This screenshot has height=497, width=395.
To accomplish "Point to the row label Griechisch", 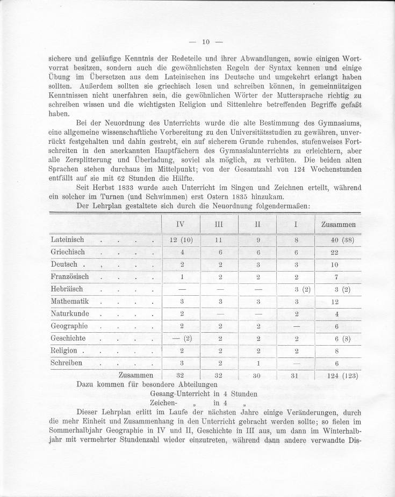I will (x=67, y=251).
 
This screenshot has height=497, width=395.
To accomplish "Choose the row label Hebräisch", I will (x=67, y=289).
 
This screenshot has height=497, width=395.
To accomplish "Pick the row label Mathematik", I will (x=69, y=301).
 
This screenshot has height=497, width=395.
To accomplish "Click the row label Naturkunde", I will (x=70, y=313).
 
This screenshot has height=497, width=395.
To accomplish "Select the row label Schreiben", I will (x=66, y=363).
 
